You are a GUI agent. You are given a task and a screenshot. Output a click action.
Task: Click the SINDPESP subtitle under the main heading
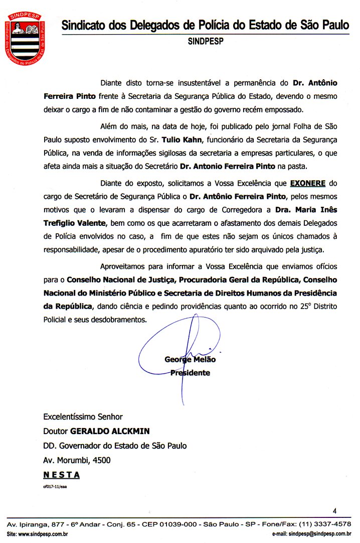pos(206,42)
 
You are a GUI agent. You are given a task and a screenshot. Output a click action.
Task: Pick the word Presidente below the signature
pos(190,373)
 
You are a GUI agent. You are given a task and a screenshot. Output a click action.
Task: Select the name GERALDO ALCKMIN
pos(110,431)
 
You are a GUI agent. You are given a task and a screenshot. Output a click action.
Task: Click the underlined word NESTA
pos(62,475)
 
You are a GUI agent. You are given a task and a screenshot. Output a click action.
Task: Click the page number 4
pos(335,511)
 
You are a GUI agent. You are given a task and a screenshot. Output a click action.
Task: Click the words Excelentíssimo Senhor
pos(83,417)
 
